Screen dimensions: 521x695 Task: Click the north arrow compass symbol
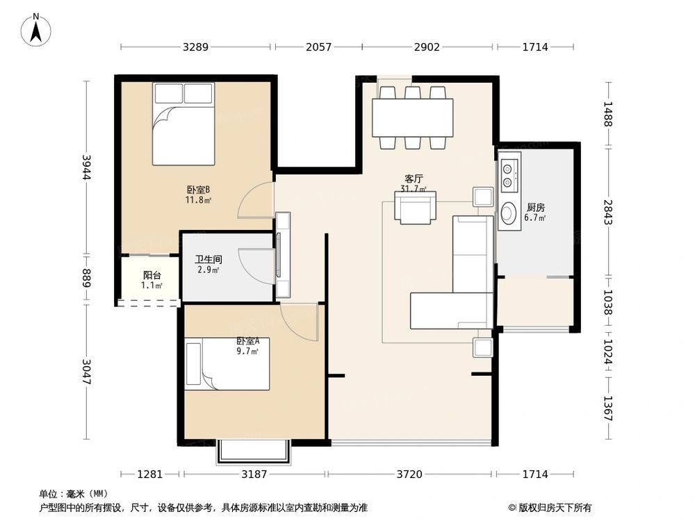[x=36, y=31]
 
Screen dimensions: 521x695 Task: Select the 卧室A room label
[x=247, y=341]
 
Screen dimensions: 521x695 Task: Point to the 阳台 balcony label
[x=152, y=276]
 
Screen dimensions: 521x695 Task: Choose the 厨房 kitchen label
[x=535, y=207]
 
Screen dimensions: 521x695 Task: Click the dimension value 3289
[x=196, y=47]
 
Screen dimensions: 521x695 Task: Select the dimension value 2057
[x=318, y=47]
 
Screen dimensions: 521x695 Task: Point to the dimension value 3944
[x=87, y=167]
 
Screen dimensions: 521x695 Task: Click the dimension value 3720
[x=409, y=474]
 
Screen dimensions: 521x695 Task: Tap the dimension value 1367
[x=608, y=408]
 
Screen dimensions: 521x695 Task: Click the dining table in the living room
[x=412, y=117]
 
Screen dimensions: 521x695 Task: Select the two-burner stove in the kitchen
[x=507, y=174]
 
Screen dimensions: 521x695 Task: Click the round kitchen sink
[x=508, y=211]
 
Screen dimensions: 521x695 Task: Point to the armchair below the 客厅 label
[x=415, y=208]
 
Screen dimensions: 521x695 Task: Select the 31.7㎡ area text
[x=413, y=188]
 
